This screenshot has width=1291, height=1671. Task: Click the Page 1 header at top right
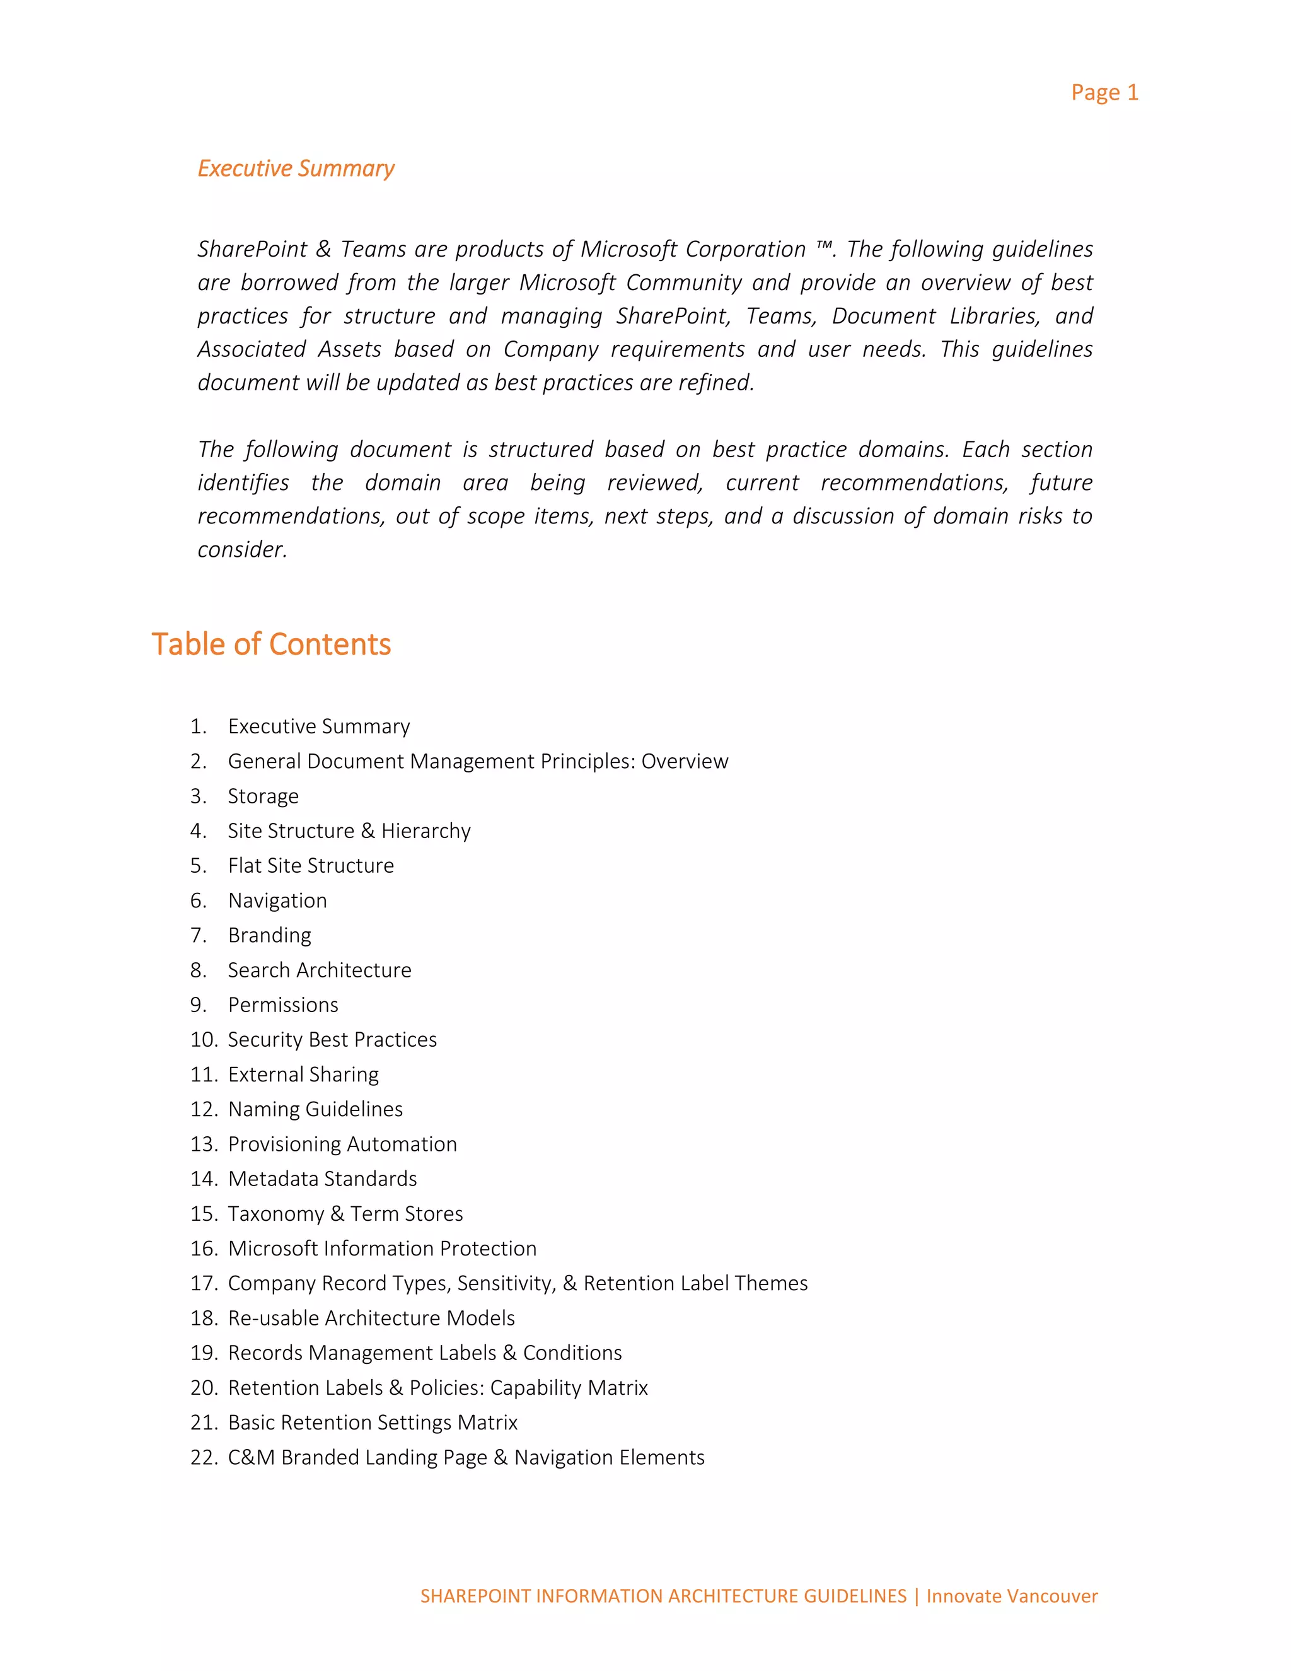point(1104,93)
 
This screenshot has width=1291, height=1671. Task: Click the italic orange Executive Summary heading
point(296,168)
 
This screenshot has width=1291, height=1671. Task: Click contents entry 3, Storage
point(263,796)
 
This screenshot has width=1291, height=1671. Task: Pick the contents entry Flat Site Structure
point(311,865)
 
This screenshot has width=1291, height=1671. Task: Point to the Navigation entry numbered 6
point(277,900)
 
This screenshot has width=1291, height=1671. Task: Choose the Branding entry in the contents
point(269,935)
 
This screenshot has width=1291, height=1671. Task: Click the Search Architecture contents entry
point(319,970)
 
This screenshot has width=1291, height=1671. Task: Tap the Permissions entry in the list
point(283,1004)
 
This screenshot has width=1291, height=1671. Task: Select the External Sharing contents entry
point(303,1074)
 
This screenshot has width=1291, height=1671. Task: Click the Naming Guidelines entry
point(315,1109)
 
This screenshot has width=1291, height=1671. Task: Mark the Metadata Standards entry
point(322,1179)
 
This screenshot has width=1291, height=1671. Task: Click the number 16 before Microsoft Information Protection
point(204,1249)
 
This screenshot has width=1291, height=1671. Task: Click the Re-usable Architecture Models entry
point(371,1319)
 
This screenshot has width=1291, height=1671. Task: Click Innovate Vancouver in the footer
point(1011,1596)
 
